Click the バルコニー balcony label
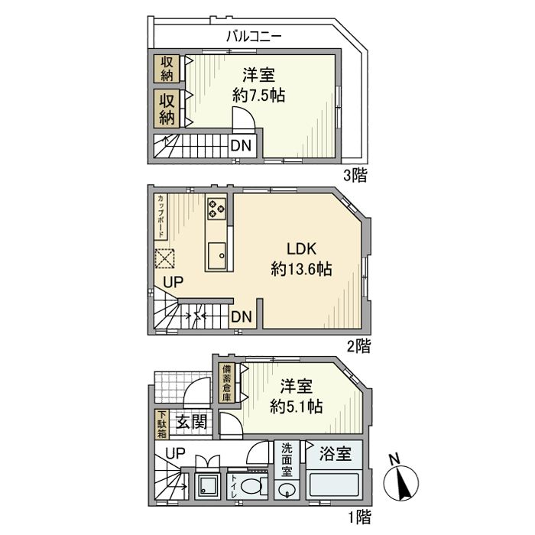255,35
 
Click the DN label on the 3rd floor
240,145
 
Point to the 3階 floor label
355,176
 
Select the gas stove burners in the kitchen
216,206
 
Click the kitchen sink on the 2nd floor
217,253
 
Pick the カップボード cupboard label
162,218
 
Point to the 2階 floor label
357,346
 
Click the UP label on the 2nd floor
173,282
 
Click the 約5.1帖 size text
298,407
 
